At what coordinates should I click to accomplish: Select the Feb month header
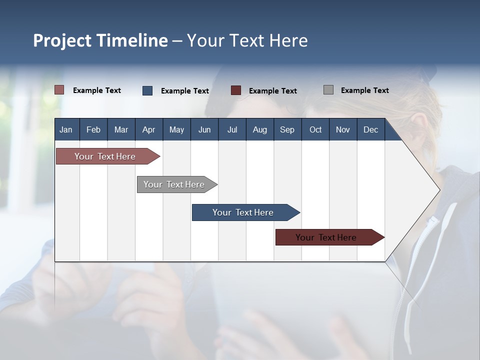pyautogui.click(x=93, y=129)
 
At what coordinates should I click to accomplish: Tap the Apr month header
pyautogui.click(x=149, y=129)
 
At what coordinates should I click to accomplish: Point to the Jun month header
pyautogui.click(x=204, y=129)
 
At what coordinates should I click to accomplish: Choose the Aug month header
pyautogui.click(x=260, y=129)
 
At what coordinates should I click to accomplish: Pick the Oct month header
pyautogui.click(x=315, y=129)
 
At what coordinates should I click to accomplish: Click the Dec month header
pyautogui.click(x=370, y=129)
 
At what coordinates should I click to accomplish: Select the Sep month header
pyautogui.click(x=287, y=129)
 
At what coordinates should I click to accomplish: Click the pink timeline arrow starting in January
pyautogui.click(x=108, y=156)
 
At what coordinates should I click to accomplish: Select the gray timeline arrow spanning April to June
pyautogui.click(x=177, y=184)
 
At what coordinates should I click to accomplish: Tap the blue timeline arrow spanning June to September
pyautogui.click(x=246, y=212)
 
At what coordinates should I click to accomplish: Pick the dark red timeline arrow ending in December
pyautogui.click(x=330, y=237)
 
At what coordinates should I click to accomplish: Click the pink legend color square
pyautogui.click(x=59, y=90)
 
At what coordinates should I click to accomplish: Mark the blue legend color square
pyautogui.click(x=147, y=90)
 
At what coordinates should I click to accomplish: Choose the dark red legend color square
pyautogui.click(x=235, y=90)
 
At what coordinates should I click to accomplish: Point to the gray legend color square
pyautogui.click(x=328, y=89)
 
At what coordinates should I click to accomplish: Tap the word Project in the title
pyautogui.click(x=62, y=40)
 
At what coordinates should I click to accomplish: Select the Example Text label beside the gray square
pyautogui.click(x=365, y=90)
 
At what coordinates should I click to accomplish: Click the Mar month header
pyautogui.click(x=121, y=129)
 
